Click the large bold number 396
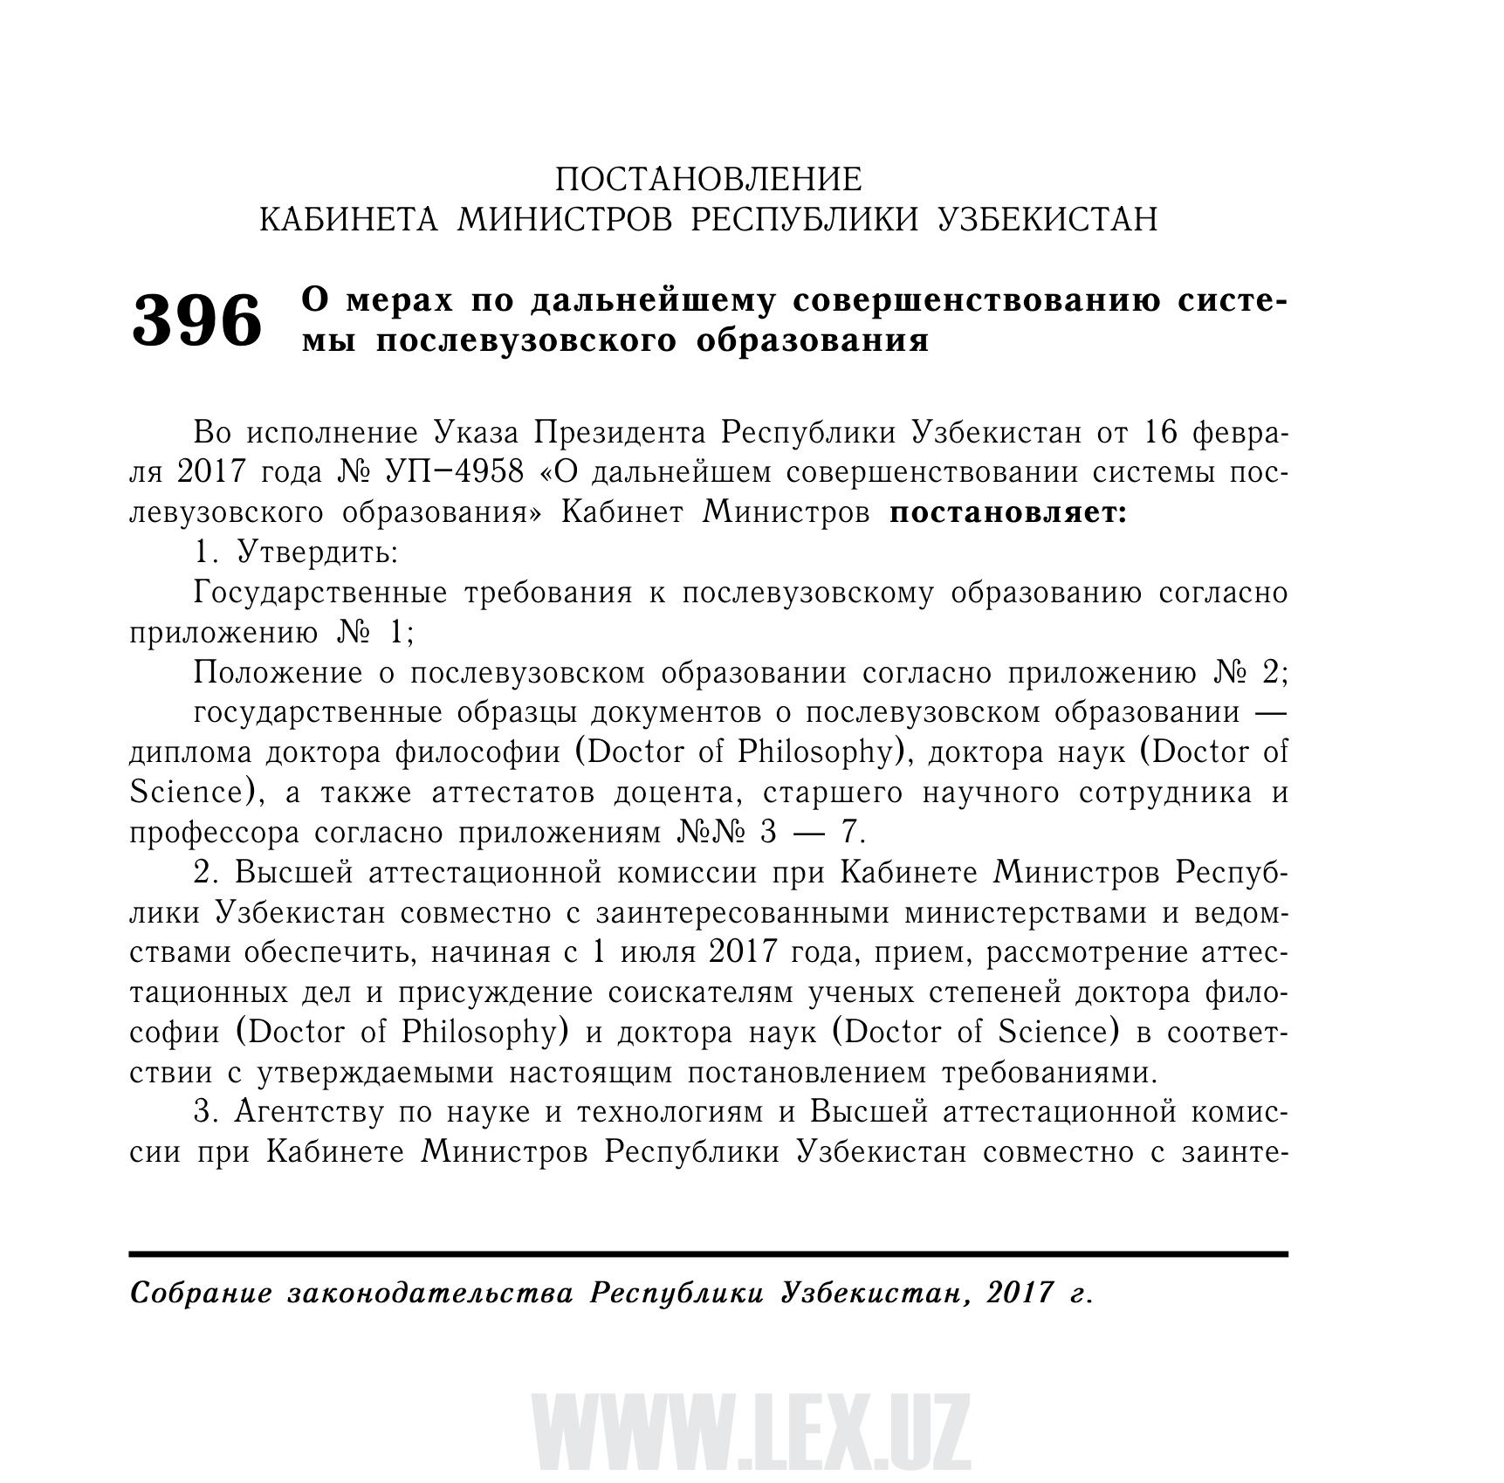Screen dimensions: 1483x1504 [x=196, y=320]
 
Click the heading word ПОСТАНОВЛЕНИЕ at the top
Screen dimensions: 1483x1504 [x=708, y=180]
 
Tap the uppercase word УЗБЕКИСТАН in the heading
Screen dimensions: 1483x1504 [x=1047, y=220]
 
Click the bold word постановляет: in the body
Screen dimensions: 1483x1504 [x=1008, y=511]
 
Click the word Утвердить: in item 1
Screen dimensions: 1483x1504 [x=319, y=552]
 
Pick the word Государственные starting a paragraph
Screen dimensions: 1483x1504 [x=320, y=593]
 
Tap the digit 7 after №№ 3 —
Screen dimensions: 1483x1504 [x=849, y=833]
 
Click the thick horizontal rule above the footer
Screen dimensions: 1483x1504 [x=708, y=1254]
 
